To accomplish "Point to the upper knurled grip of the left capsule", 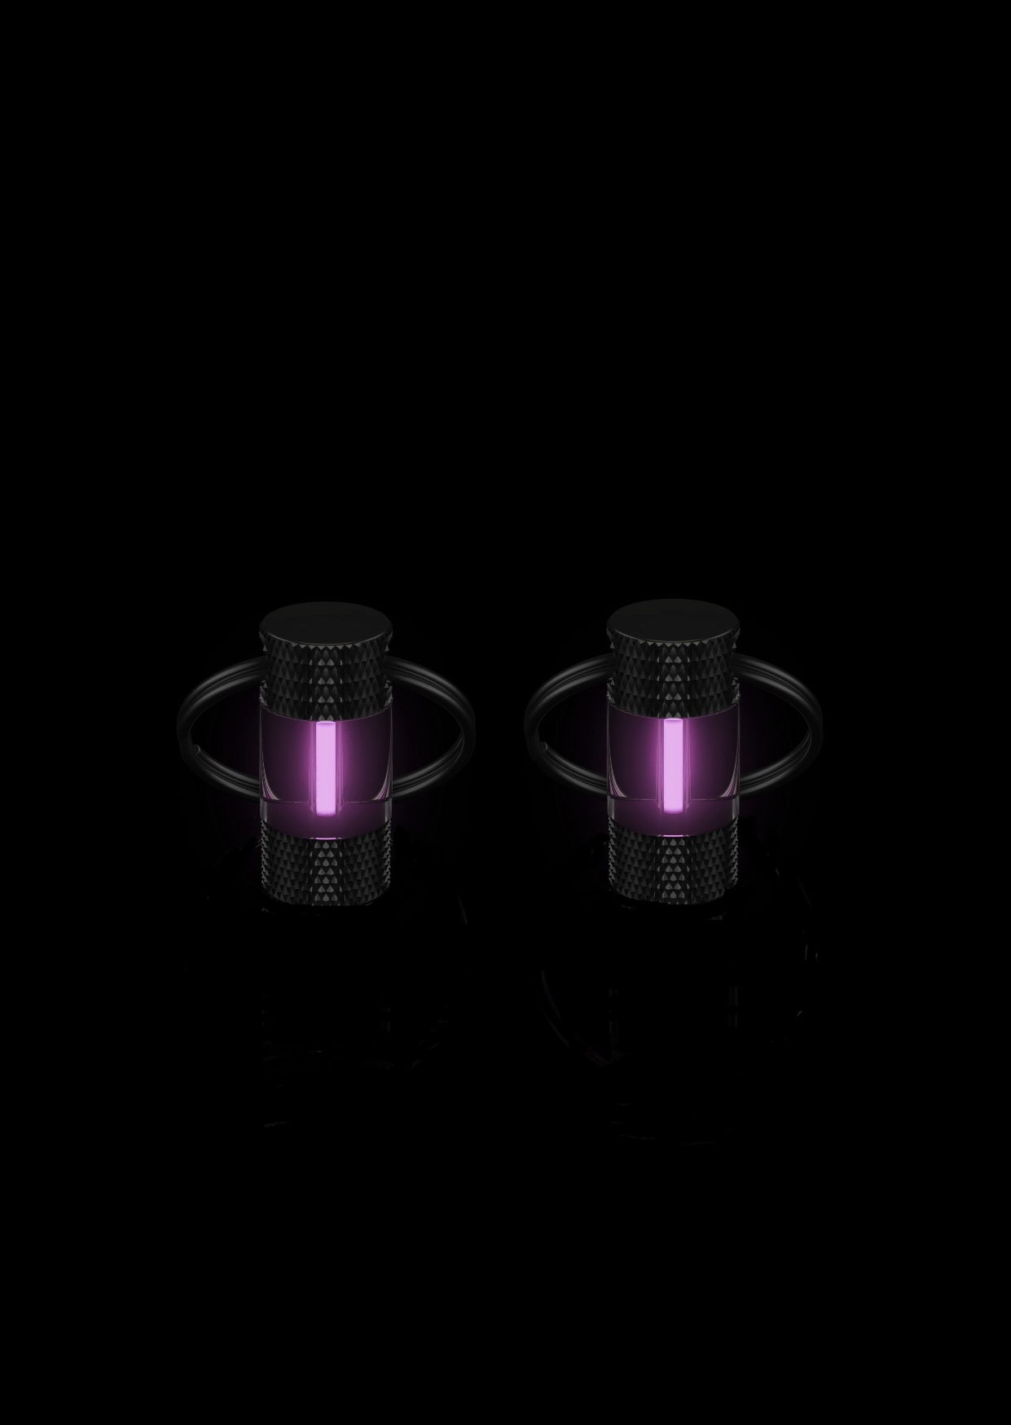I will [x=325, y=676].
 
